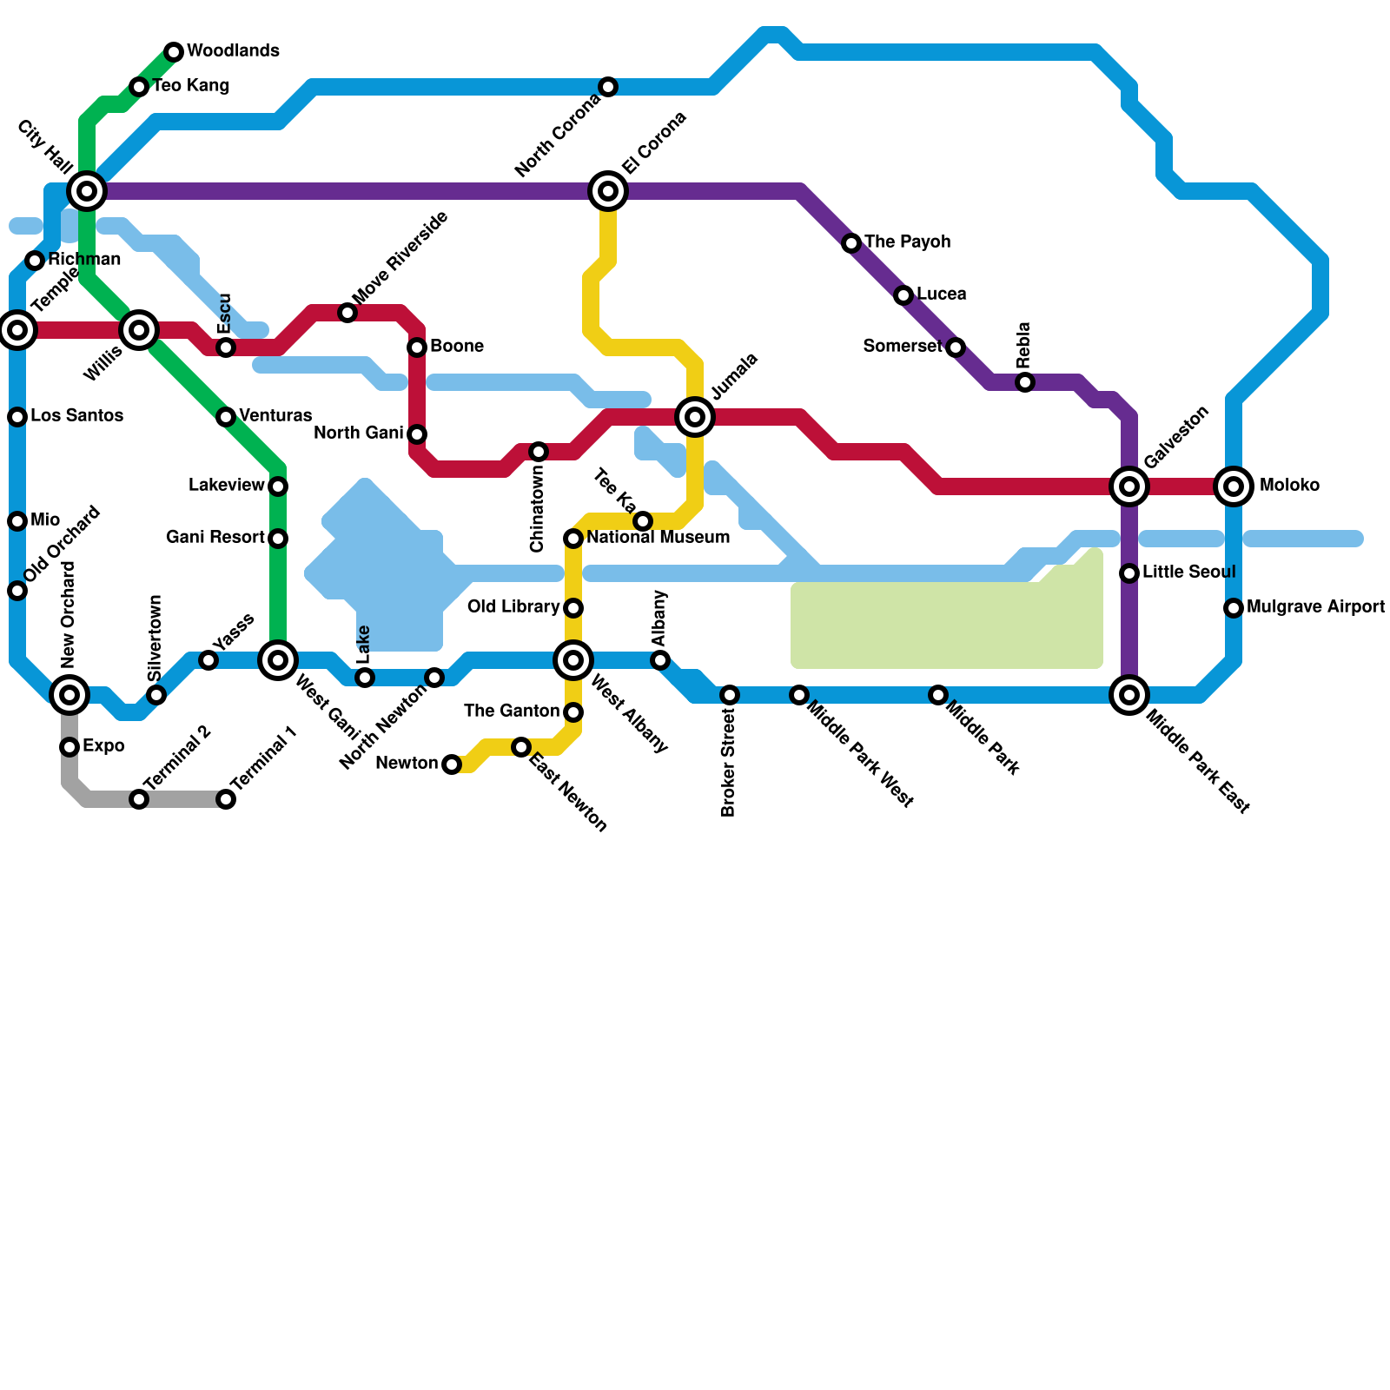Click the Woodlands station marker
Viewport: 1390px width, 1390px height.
(174, 52)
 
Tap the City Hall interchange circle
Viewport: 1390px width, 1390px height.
(87, 191)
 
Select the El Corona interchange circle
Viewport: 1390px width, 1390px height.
(608, 191)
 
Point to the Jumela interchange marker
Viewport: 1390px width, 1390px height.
(695, 417)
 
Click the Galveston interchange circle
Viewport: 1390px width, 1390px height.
(1129, 486)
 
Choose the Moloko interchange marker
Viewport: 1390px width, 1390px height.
(1234, 486)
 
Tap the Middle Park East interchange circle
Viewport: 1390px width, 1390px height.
(1129, 695)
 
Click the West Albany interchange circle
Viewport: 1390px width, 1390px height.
(573, 660)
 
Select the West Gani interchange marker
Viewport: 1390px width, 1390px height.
(278, 660)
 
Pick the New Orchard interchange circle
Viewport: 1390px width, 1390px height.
(69, 695)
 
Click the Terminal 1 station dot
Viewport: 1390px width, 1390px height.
(226, 799)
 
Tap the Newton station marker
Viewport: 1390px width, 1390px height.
(452, 764)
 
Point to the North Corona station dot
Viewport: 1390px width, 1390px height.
(608, 87)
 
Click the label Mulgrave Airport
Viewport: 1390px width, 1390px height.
(1315, 607)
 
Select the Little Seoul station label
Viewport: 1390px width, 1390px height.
(1188, 573)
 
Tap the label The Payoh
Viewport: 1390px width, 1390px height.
(907, 242)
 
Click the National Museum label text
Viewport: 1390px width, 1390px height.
(658, 538)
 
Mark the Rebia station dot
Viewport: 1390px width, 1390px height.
(1025, 382)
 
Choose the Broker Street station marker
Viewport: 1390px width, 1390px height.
(730, 695)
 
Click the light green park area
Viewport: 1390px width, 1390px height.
(947, 625)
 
